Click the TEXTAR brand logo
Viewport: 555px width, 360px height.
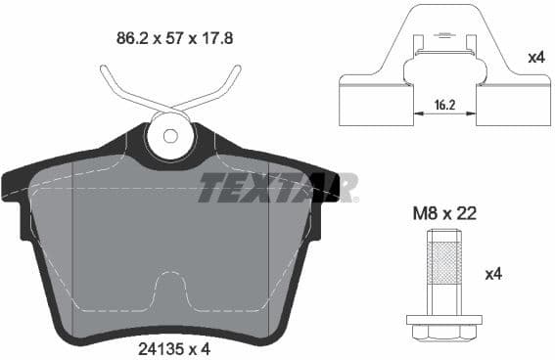[x=278, y=186]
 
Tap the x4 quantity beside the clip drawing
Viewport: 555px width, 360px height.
[x=535, y=58]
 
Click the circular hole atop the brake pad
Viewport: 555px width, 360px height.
[x=170, y=138]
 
